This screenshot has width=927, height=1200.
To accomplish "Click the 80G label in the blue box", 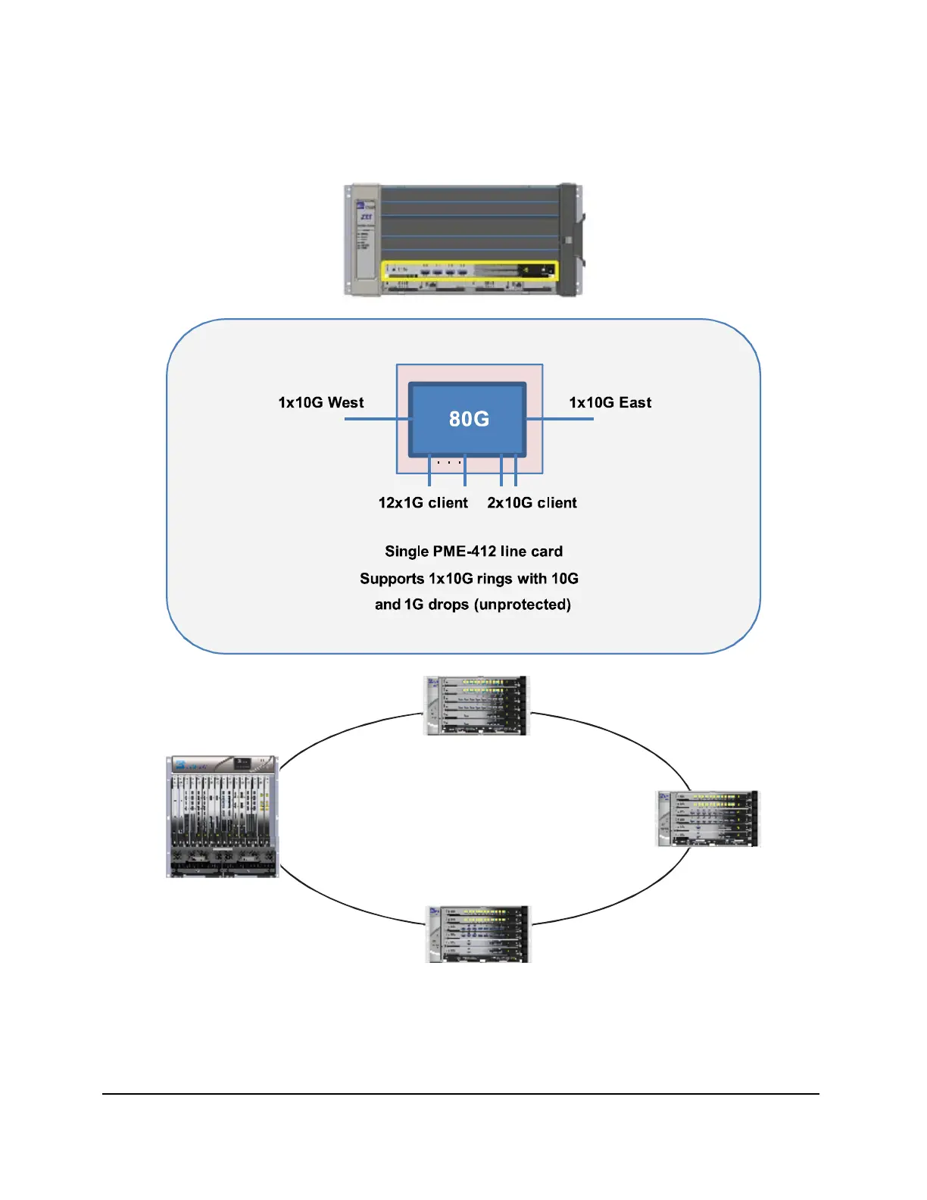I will [469, 419].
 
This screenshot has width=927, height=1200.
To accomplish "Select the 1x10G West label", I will [321, 402].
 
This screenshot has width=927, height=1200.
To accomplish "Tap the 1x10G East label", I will [610, 402].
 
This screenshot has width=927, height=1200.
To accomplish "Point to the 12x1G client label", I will [423, 503].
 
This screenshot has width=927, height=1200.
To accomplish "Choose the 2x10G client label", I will [532, 503].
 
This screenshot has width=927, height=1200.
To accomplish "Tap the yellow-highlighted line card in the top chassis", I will [470, 270].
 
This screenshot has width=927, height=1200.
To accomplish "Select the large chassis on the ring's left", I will [222, 817].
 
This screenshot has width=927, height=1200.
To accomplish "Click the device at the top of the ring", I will [476, 705].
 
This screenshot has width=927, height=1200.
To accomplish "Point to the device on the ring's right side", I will [707, 819].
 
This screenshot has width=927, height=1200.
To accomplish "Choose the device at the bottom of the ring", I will [477, 934].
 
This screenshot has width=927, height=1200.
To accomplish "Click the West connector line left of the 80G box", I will [376, 418].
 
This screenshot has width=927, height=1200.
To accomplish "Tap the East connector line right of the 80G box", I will [560, 418].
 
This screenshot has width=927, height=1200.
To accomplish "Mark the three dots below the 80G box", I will [448, 462].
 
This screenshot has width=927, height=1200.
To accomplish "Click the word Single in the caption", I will [407, 552].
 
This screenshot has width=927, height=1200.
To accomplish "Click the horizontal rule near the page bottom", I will [460, 1093].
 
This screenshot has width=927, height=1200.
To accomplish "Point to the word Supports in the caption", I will [392, 579].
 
